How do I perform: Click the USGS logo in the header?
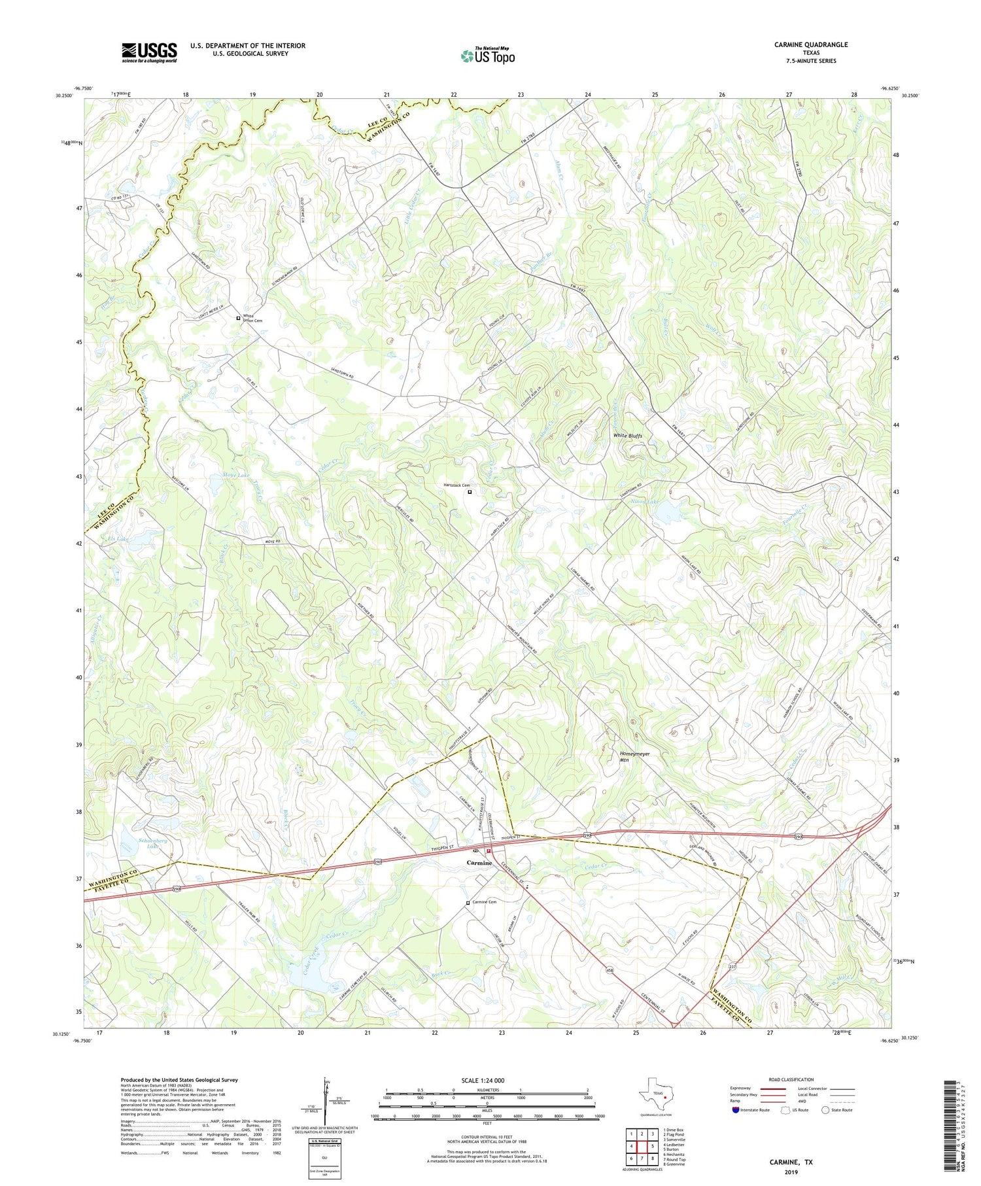[149, 52]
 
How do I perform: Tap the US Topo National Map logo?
[487, 56]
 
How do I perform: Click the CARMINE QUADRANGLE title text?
[811, 44]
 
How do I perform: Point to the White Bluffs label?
[627, 436]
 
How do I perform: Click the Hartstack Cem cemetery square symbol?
[470, 491]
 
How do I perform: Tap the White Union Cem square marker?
[238, 318]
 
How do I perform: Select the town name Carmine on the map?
[479, 863]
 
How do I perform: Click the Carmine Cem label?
[485, 902]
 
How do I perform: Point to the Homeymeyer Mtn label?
[634, 756]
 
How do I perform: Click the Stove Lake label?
[235, 475]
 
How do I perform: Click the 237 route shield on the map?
[721, 965]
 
